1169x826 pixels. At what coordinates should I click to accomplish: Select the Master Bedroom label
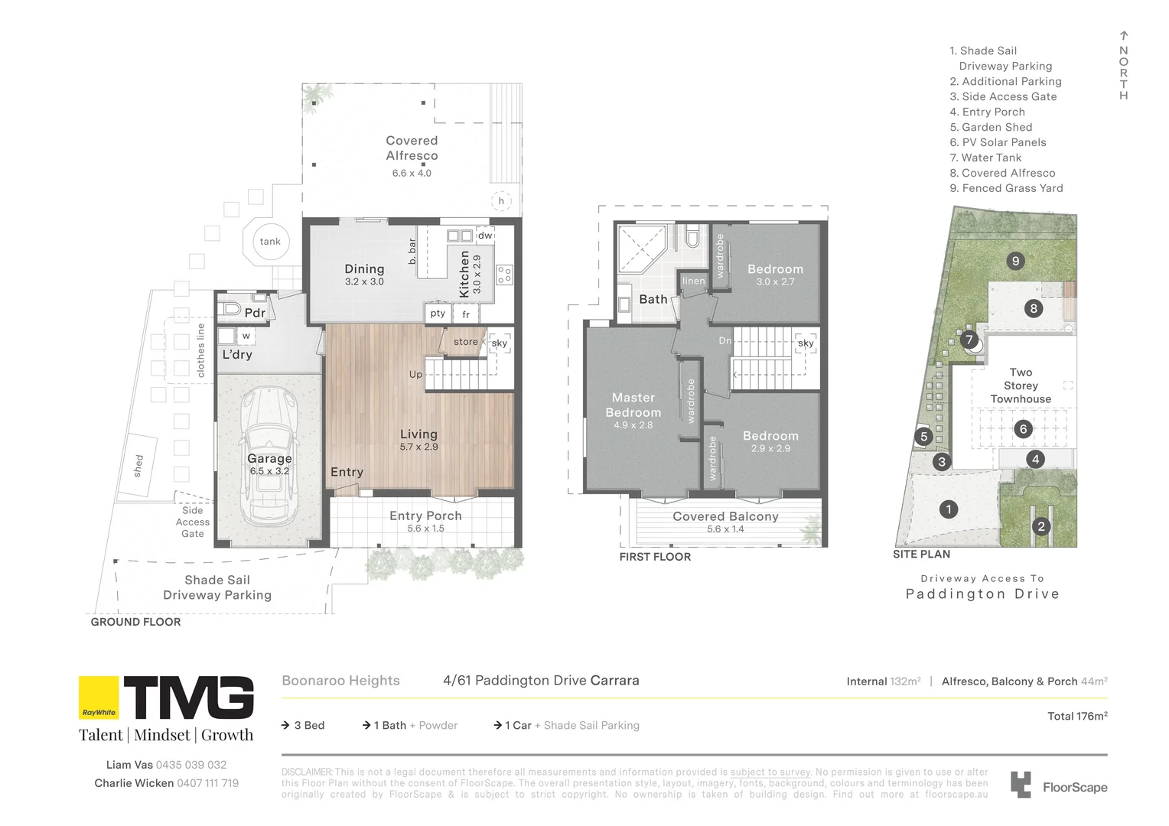[633, 405]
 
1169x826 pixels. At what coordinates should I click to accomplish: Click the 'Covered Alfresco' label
[412, 148]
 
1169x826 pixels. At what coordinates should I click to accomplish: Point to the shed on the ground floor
[138, 466]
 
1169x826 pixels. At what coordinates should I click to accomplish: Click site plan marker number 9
[1015, 261]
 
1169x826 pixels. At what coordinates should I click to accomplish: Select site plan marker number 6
[1023, 429]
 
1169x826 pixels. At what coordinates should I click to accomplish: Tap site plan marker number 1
[949, 509]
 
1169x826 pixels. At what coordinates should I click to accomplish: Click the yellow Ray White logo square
[99, 698]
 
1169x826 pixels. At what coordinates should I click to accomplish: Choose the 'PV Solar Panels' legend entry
[1003, 142]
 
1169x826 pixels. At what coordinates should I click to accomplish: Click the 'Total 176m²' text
[1076, 717]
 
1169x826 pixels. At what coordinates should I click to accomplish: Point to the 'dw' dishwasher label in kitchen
[485, 236]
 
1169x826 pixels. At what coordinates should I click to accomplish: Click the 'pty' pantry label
[438, 314]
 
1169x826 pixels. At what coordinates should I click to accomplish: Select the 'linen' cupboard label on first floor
[693, 281]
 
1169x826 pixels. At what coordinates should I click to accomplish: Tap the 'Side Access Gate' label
[193, 522]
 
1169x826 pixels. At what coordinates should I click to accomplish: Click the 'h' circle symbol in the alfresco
[501, 201]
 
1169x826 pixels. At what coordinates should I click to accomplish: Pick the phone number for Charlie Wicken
[207, 783]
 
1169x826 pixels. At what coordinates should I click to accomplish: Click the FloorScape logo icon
[1021, 785]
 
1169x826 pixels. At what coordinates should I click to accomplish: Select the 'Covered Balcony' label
[725, 517]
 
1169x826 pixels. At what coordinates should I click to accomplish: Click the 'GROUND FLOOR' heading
[136, 622]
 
